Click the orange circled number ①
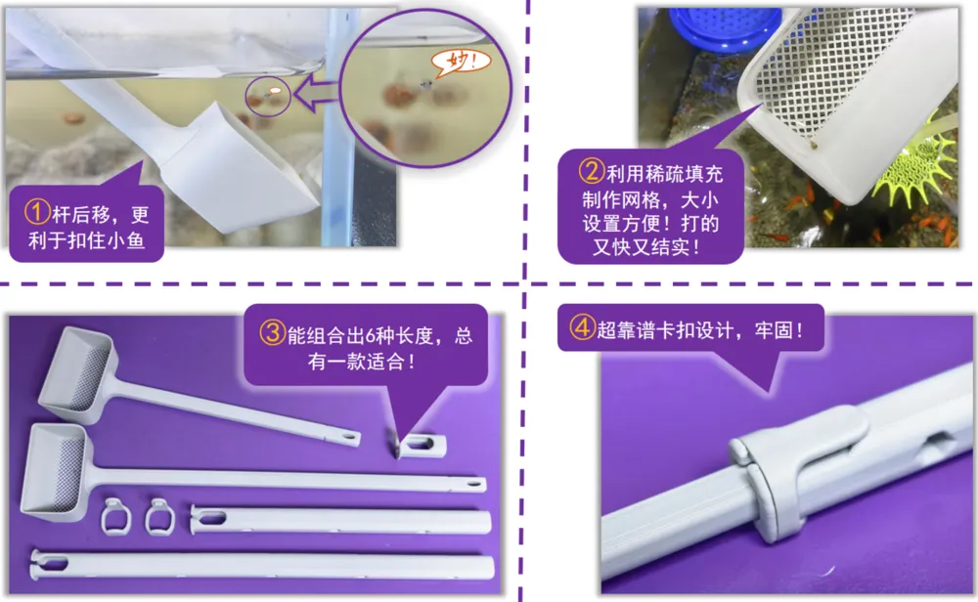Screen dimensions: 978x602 tap(37, 212)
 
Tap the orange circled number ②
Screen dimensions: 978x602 tap(592, 171)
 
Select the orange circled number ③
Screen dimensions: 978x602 tap(272, 332)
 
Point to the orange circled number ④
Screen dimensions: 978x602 tap(582, 326)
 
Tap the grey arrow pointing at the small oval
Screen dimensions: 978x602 tap(316, 95)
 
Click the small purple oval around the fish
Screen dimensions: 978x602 tap(268, 97)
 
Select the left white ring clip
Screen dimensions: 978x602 tap(116, 517)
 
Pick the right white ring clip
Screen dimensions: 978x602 tap(159, 517)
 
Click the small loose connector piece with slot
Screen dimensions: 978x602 tap(421, 446)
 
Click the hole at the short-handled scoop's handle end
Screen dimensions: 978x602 tap(348, 436)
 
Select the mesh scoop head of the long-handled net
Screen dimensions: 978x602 tap(57, 472)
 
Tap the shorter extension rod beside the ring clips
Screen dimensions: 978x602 tap(340, 520)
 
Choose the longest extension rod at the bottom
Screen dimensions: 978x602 tap(262, 565)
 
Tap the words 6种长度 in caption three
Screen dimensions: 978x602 tap(399, 336)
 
